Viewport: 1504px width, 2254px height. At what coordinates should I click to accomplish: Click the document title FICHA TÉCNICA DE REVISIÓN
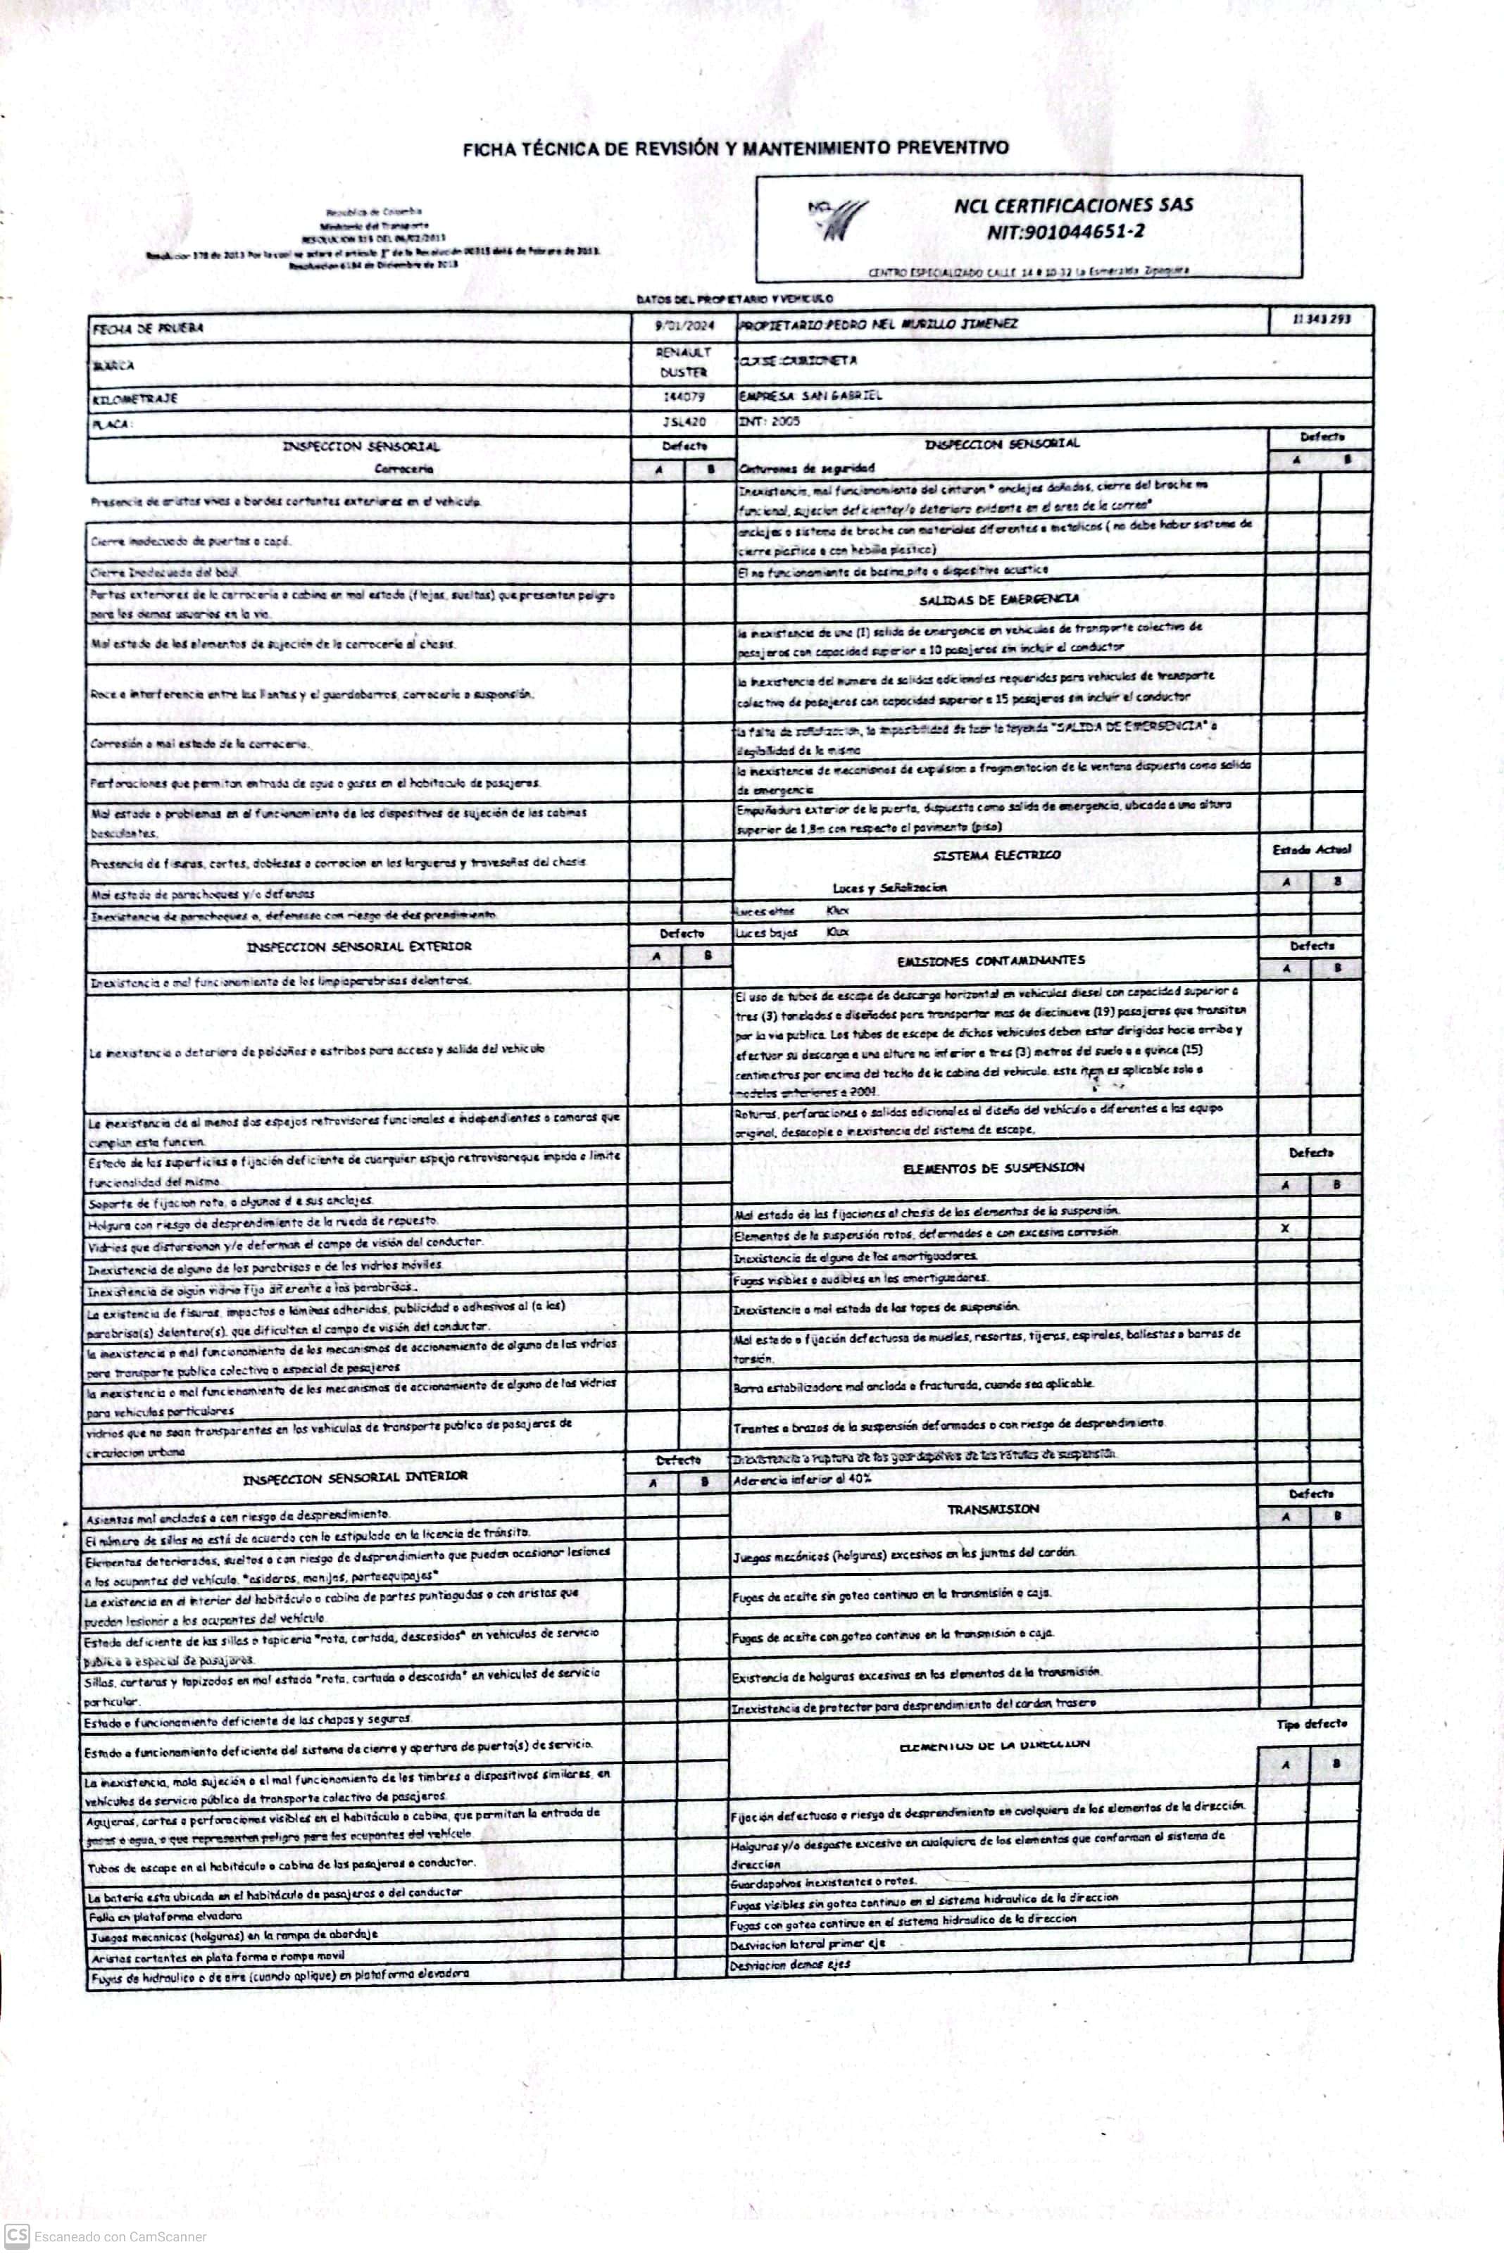(x=736, y=149)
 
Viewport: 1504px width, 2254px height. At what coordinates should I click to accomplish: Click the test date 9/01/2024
(x=684, y=325)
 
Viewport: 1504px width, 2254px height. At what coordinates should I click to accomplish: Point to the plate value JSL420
(x=684, y=421)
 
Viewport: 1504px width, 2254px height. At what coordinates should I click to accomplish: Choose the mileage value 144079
(x=684, y=397)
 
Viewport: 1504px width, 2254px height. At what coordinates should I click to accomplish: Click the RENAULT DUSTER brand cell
(x=684, y=363)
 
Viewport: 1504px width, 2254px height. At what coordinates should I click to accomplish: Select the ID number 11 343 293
(x=1322, y=320)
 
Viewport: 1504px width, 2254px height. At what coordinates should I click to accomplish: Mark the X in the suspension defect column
(x=1284, y=1229)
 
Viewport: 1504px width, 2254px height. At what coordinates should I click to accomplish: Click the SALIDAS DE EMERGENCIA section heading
(x=998, y=599)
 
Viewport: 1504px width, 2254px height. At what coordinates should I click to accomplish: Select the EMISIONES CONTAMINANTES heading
(x=991, y=960)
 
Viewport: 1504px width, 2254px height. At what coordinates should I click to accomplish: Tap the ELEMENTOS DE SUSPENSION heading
(x=993, y=1167)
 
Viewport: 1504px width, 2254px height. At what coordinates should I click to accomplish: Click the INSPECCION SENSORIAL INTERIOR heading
(x=355, y=1477)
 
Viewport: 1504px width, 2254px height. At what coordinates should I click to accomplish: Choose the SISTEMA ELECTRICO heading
(x=996, y=855)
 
